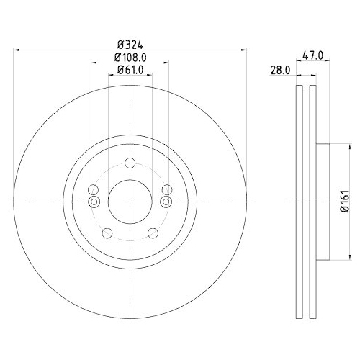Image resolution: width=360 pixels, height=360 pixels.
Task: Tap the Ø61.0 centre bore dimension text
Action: tap(130, 70)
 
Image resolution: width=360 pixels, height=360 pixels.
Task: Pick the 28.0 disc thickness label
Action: tap(281, 70)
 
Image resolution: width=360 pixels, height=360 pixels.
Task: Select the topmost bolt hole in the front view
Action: tap(130, 162)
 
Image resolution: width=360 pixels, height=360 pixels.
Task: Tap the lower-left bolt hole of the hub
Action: tap(107, 232)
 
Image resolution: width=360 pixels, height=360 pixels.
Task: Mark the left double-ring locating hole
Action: tap(93, 200)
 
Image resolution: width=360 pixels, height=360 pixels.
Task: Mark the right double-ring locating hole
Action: tap(166, 200)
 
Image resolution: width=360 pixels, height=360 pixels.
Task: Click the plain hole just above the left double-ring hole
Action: tap(94, 190)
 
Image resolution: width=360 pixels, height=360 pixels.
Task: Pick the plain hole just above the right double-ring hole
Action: tap(166, 190)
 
